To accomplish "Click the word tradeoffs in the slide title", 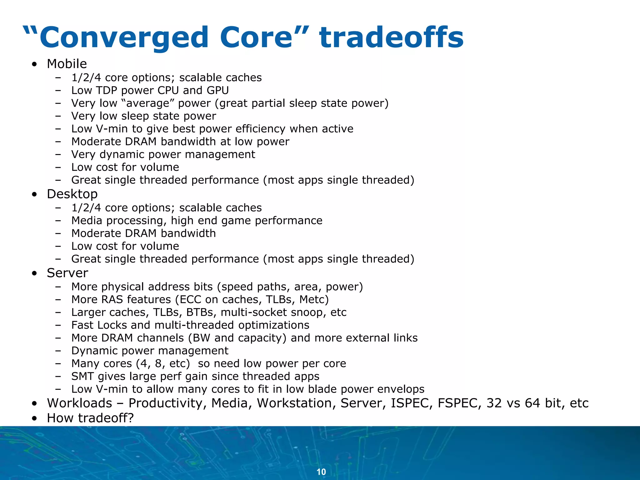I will pos(391,38).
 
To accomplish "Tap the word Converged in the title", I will pos(124,38).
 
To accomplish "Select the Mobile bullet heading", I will pos(67,64).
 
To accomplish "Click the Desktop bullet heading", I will pos(72,194).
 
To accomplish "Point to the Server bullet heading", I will pos(67,273).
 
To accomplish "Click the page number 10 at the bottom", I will pos(321,472).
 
